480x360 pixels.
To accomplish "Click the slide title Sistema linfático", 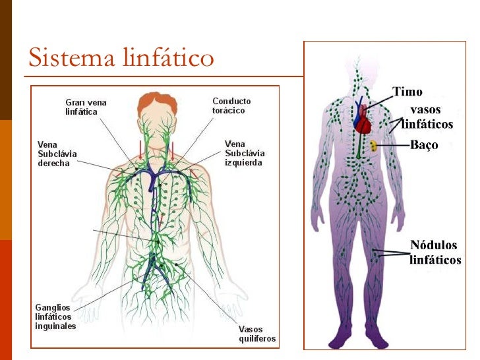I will coord(121,58).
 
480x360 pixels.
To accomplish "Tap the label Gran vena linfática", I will coord(86,107).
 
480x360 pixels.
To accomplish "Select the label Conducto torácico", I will coord(231,105).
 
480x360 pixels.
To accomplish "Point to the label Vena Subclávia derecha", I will coord(57,154).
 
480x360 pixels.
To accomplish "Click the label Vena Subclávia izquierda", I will coord(243,153).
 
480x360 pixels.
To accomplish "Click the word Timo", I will coord(407,92).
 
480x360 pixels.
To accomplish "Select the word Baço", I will coord(424,145).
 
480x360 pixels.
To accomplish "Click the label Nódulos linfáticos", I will coord(435,253).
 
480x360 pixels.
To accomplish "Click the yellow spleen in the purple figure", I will coord(373,146).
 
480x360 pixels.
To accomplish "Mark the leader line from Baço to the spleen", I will coord(393,145).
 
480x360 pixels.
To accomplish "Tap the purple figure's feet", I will coord(357,340).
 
